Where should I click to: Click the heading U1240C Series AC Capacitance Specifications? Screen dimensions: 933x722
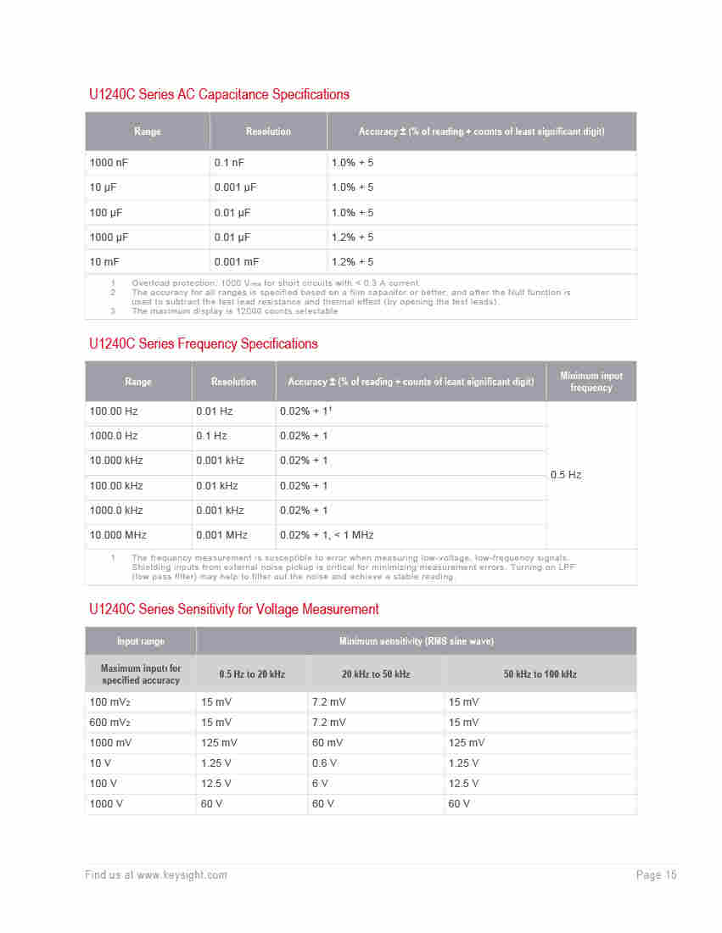coord(219,94)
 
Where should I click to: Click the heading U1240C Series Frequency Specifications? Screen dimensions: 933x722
coord(204,344)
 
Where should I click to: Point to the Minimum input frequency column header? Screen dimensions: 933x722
coord(591,382)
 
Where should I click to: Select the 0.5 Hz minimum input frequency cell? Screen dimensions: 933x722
coord(566,475)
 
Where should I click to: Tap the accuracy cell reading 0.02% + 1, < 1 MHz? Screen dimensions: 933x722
coord(327,535)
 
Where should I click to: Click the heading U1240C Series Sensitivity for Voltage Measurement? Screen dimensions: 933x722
coord(234,609)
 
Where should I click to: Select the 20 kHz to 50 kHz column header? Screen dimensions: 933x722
coord(376,674)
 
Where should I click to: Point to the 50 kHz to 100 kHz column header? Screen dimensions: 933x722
coord(540,674)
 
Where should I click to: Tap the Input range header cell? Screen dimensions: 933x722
coord(141,641)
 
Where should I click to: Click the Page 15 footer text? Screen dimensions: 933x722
coord(656,875)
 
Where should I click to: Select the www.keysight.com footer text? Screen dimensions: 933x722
coord(182,875)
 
